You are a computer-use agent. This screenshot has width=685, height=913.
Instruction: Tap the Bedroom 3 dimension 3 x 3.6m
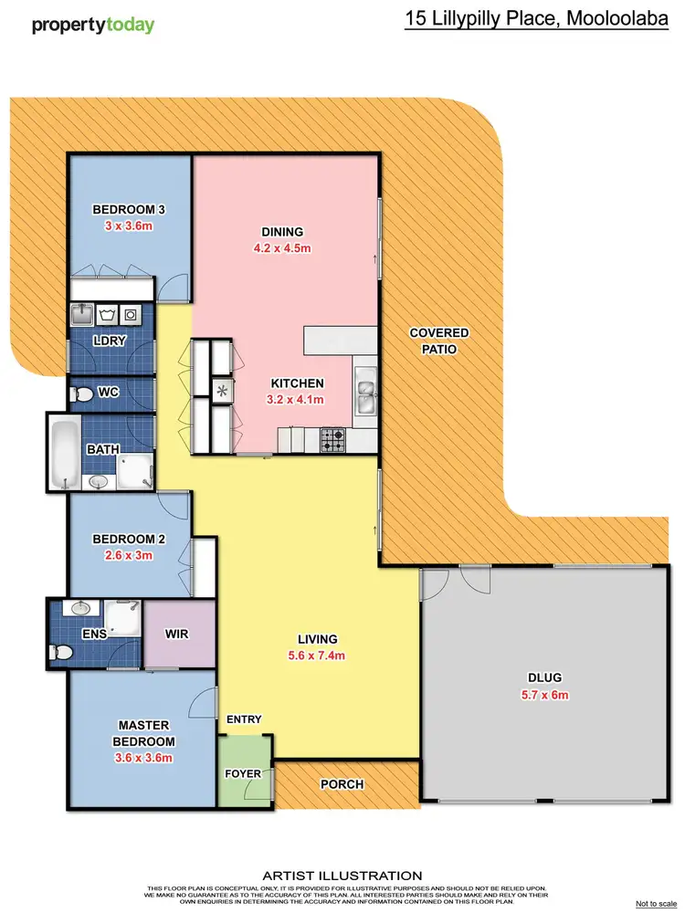click(x=129, y=226)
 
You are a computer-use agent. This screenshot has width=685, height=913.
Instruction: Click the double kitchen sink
click(x=365, y=398)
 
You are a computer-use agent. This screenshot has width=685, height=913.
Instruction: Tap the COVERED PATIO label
click(x=438, y=341)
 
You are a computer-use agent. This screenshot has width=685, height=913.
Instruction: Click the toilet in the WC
click(x=82, y=394)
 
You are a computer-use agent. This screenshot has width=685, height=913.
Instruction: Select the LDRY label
click(x=110, y=341)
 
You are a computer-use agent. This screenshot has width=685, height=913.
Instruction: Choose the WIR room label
click(x=176, y=633)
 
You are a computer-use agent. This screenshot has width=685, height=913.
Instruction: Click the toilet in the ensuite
click(x=62, y=652)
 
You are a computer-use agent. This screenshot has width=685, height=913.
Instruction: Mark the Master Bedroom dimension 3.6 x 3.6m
click(x=142, y=757)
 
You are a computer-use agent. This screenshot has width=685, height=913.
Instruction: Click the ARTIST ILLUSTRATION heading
click(x=342, y=875)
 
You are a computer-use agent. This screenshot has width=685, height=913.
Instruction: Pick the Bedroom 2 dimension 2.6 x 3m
click(x=129, y=554)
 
